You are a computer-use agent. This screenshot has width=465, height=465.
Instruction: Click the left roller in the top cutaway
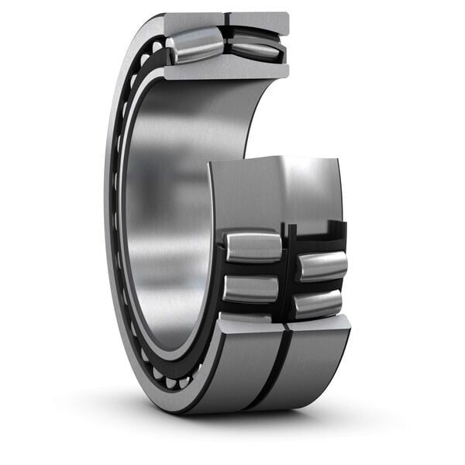[195, 45]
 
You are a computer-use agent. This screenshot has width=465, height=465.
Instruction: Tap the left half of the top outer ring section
[194, 22]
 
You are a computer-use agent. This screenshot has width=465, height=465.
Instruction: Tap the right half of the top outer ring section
[259, 22]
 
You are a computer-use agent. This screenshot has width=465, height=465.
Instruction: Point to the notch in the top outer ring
[226, 19]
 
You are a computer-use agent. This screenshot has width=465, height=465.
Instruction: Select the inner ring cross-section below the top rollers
[225, 71]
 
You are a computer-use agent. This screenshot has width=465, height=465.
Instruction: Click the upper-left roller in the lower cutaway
[253, 246]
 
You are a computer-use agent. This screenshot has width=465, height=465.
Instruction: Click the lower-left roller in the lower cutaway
[250, 288]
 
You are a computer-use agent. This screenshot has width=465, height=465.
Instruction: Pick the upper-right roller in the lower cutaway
[322, 266]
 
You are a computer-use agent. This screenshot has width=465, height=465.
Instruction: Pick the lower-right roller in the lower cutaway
[319, 303]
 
